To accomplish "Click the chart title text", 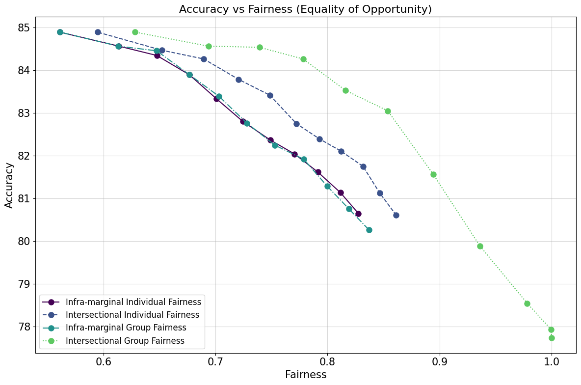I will (305, 9).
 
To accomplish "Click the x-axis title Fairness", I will (305, 375).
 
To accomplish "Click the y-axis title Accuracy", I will (9, 185).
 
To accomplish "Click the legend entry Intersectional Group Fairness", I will (125, 340).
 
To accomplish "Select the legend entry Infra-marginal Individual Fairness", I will (133, 302).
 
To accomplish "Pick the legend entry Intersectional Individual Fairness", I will (132, 315).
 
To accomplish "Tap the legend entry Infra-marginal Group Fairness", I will (126, 328).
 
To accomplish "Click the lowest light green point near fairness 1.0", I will (552, 338).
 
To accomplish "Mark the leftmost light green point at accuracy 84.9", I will (135, 32).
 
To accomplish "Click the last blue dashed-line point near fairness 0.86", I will (396, 215).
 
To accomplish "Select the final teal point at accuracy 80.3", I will (369, 230).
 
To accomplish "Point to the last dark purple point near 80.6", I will (358, 214).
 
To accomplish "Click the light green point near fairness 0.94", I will (480, 246).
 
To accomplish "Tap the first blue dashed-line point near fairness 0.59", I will (98, 32).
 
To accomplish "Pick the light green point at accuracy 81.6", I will (433, 174).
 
